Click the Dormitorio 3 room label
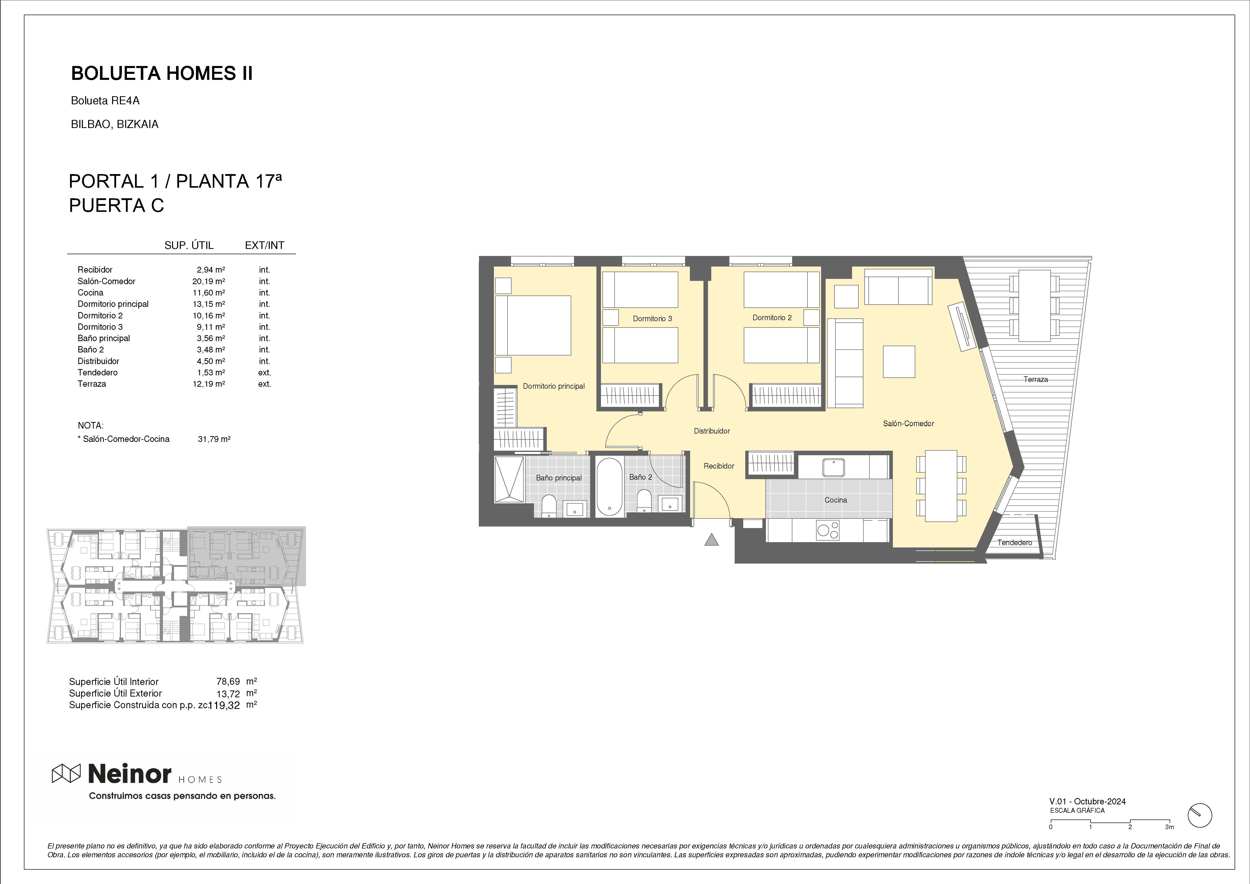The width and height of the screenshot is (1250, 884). point(652,319)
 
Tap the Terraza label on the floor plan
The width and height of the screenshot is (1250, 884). point(1035,379)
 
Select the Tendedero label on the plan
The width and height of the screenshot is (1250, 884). point(1015,542)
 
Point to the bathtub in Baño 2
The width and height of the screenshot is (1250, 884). point(609,487)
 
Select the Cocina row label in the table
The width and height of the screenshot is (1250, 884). point(90,292)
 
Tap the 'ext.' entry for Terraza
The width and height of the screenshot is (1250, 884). point(265,384)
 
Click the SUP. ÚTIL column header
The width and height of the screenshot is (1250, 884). point(189,245)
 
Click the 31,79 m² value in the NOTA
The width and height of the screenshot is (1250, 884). point(214,439)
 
